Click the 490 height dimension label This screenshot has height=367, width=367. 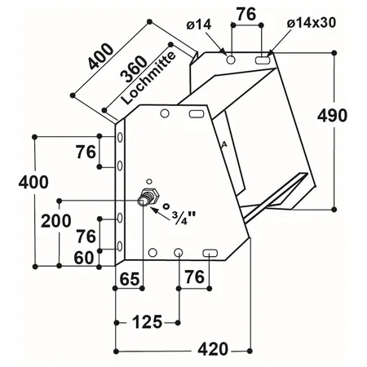pos(332,115)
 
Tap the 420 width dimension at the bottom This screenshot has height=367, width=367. pos(213,349)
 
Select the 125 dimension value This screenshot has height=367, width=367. pos(147,322)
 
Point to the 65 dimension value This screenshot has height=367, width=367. pos(130,279)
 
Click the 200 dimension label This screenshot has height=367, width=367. pos(56,221)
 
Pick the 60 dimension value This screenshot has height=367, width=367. pos(84,258)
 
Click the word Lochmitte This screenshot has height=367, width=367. pos(148,78)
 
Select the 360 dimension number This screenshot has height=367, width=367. pos(134,69)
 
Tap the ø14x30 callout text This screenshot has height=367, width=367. pos(312,23)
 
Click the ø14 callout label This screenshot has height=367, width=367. pos(199,25)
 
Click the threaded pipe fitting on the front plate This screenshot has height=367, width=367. pos(148,197)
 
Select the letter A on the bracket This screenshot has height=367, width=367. pos(223,145)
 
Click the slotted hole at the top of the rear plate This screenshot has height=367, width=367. pos(263,60)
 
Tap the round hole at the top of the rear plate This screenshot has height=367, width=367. pos(231,59)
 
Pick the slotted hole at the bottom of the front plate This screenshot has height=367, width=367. pos(210,253)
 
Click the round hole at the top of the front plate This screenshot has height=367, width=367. pos(165,113)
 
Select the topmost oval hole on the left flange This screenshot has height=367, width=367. pos(120,137)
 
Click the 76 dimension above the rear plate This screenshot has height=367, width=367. pos(246,14)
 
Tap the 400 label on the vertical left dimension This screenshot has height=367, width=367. pos(33,182)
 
